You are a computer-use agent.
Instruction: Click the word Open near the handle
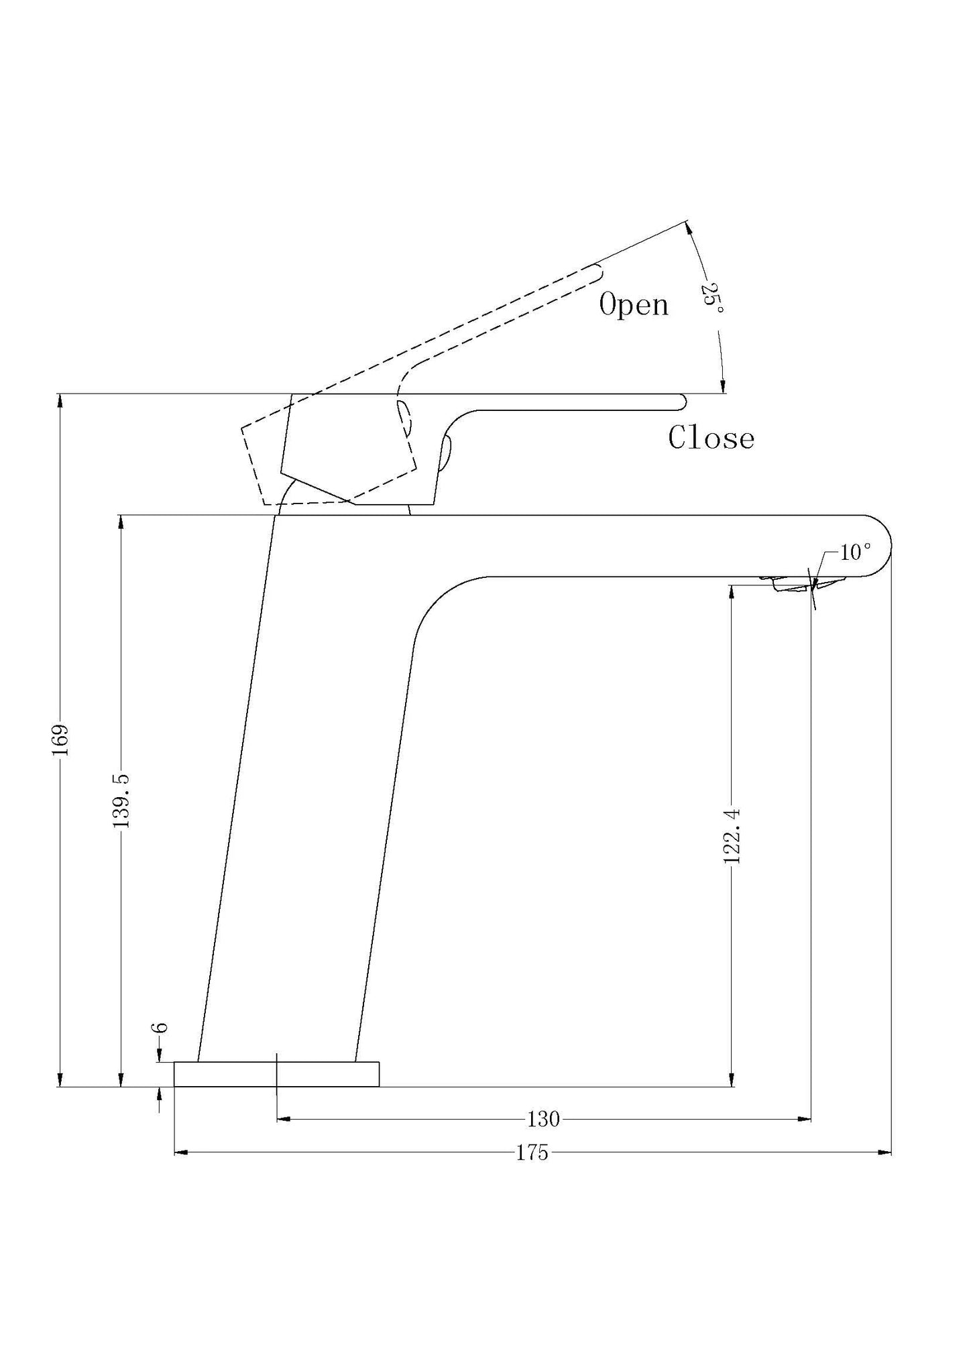[634, 305]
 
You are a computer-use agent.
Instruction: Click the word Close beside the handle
[711, 438]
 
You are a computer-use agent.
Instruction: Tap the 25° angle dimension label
[711, 299]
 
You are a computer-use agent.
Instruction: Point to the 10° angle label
[855, 552]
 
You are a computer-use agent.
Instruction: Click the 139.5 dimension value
[121, 800]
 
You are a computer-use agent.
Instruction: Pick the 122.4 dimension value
[732, 835]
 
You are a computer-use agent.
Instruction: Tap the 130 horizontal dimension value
[543, 1119]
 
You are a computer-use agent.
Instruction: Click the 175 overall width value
[532, 1152]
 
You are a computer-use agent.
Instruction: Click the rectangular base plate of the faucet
[276, 1074]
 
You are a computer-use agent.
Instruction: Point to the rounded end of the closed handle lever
[681, 402]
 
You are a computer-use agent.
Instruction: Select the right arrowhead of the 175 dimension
[885, 1152]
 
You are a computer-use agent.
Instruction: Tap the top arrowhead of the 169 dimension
[60, 401]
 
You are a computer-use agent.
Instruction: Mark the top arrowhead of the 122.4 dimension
[732, 593]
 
